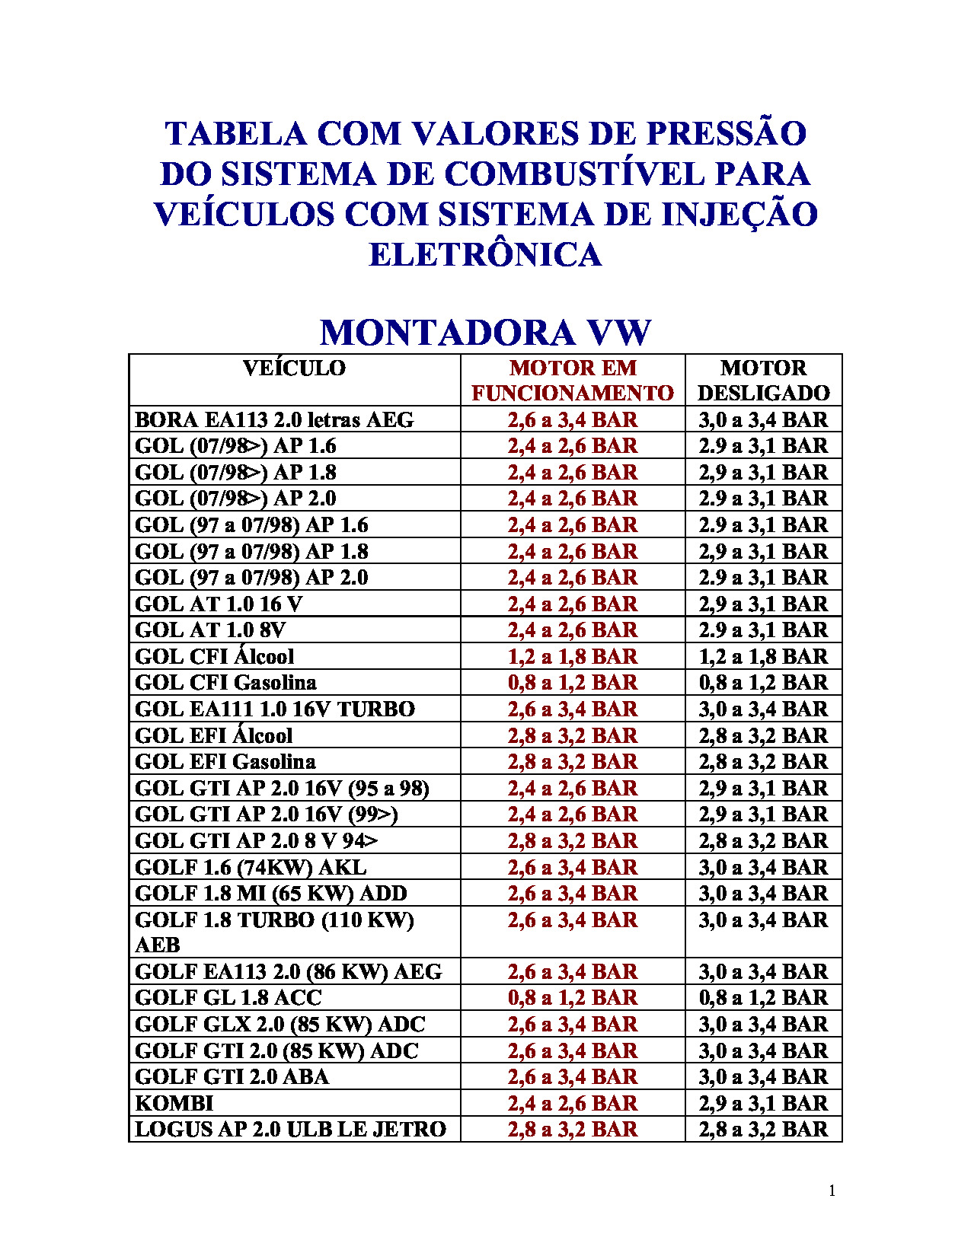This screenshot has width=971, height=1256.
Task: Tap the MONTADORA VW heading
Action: click(x=485, y=333)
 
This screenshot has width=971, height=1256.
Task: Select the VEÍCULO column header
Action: click(x=294, y=368)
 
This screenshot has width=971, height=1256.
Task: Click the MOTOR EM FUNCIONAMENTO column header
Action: click(x=573, y=381)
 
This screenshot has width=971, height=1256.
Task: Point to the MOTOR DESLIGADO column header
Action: click(x=763, y=381)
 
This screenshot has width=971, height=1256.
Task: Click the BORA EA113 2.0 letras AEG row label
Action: click(x=274, y=420)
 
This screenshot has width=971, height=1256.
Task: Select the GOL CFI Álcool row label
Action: click(x=214, y=656)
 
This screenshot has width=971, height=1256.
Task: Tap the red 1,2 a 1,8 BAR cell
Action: click(x=573, y=656)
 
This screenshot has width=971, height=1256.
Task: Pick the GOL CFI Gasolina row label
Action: click(x=225, y=683)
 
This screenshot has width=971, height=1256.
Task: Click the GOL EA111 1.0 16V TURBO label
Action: click(x=275, y=709)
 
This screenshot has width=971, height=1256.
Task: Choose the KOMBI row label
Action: click(x=174, y=1103)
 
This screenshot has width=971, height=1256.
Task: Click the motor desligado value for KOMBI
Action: click(x=763, y=1103)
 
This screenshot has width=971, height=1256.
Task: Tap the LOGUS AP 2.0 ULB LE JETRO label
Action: click(x=290, y=1130)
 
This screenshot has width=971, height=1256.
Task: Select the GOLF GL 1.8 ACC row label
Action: click(x=228, y=998)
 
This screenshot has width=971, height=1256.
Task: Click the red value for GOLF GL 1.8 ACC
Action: click(x=573, y=998)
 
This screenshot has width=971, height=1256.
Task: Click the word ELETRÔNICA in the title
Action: click(x=485, y=254)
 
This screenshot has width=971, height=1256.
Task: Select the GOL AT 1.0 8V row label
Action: click(x=210, y=630)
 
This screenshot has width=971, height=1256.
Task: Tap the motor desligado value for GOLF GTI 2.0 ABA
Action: click(x=763, y=1077)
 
